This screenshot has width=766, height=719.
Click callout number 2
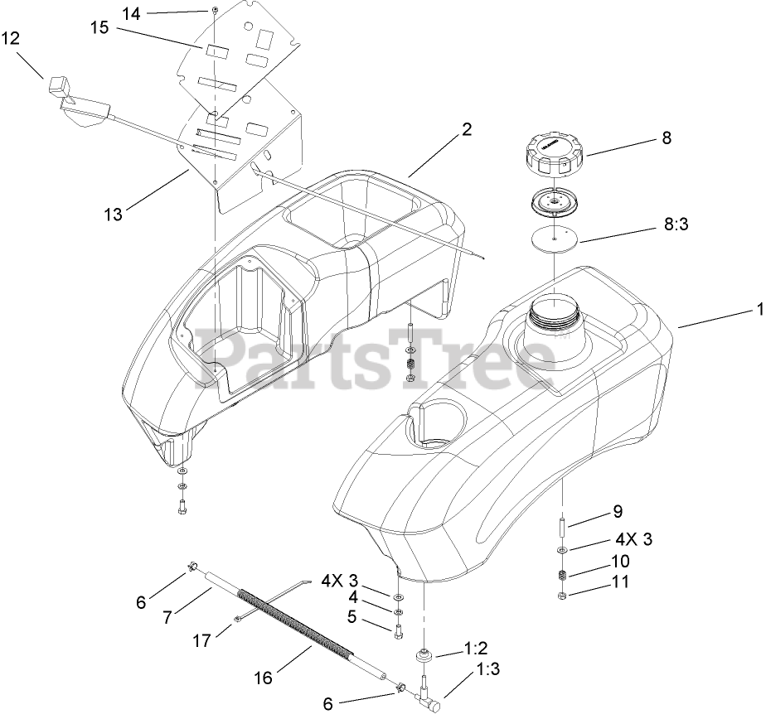tap(466, 129)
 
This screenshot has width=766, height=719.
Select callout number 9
tap(618, 511)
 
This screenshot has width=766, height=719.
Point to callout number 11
tap(618, 581)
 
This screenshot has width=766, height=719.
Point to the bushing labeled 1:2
tap(425, 656)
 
